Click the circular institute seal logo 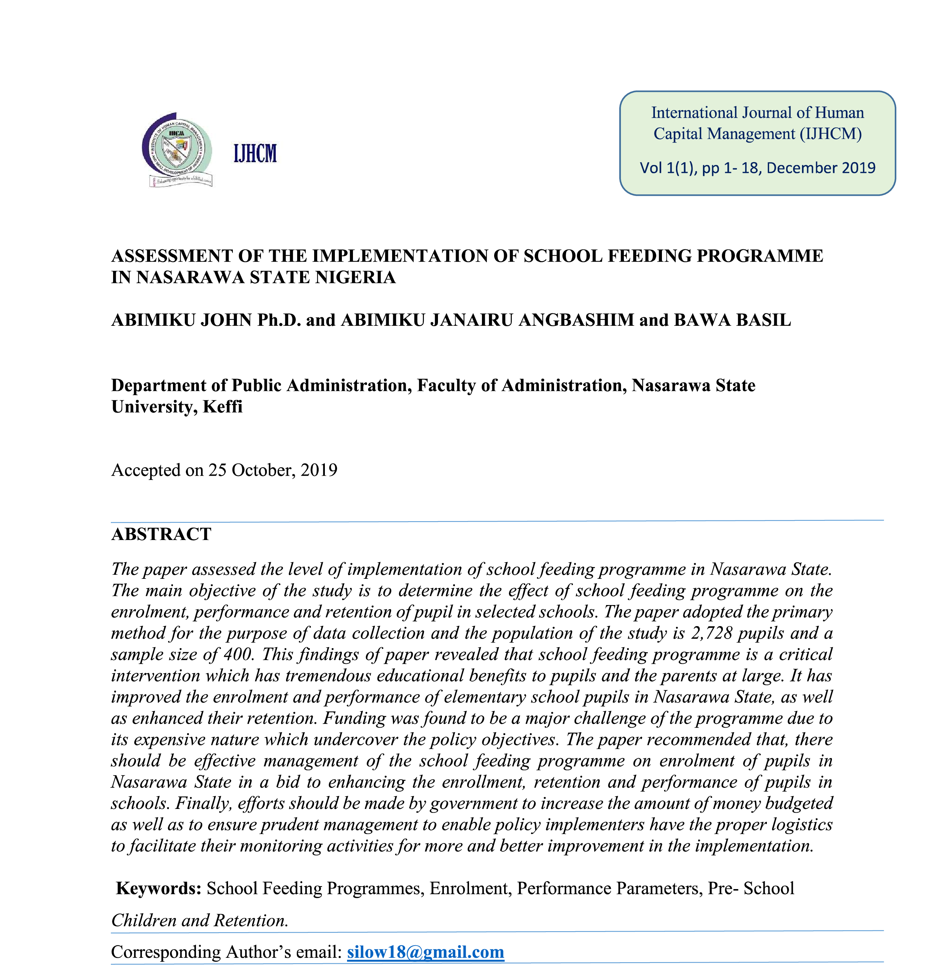[x=177, y=148]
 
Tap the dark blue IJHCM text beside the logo [x=255, y=153]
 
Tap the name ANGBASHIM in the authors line [x=576, y=320]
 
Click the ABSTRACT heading [x=161, y=534]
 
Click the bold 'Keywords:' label [x=159, y=889]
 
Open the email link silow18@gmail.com [x=425, y=952]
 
